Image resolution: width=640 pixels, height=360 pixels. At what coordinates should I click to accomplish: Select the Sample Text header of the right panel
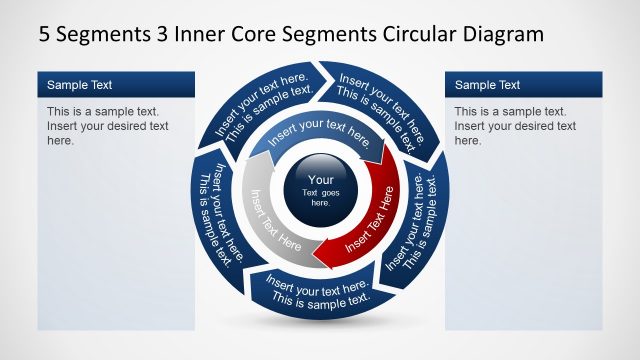tap(487, 85)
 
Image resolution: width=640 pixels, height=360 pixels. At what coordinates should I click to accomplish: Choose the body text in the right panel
tap(515, 126)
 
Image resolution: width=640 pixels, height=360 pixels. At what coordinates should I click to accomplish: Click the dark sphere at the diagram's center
tap(320, 190)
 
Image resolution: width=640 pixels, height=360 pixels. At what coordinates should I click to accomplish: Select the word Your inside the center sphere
tap(320, 180)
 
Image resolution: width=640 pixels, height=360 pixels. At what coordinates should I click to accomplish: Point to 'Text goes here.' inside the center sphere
tap(320, 197)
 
